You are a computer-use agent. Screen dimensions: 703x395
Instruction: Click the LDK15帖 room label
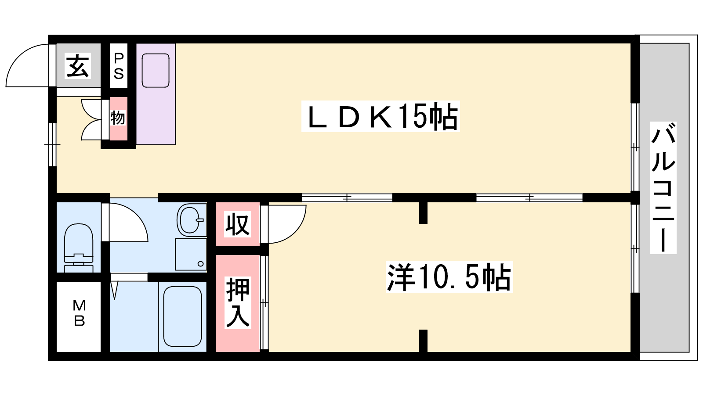380,116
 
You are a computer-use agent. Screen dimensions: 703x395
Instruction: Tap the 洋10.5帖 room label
449,277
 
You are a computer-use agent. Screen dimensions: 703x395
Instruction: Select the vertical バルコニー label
663,187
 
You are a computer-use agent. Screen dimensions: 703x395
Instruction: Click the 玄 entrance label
78,66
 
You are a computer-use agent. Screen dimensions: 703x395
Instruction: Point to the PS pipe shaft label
119,66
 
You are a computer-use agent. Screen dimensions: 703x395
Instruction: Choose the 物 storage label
118,118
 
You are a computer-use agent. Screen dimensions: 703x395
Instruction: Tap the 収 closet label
238,224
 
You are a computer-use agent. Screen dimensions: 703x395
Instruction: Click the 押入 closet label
238,303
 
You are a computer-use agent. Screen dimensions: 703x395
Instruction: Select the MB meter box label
80,313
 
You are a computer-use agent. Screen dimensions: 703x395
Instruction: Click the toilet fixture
79,248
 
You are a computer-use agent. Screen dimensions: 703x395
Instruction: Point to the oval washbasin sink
192,219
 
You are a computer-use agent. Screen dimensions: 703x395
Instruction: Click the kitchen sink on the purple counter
156,71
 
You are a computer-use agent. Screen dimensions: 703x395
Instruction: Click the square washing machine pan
191,254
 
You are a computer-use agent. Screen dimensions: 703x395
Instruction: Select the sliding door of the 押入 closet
265,303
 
